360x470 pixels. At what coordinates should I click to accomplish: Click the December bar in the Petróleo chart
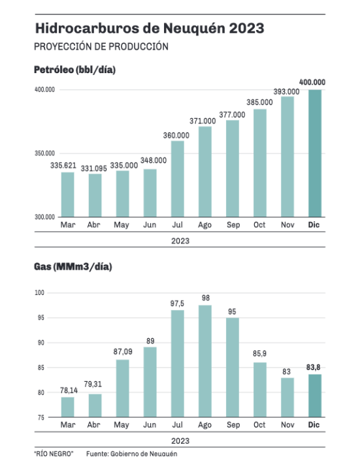pyautogui.click(x=315, y=153)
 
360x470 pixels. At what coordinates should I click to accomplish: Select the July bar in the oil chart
pyautogui.click(x=178, y=179)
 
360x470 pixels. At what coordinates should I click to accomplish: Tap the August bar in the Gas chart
pyautogui.click(x=205, y=361)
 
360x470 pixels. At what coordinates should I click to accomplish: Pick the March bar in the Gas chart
pyautogui.click(x=68, y=407)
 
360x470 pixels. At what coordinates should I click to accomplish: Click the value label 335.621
pyautogui.click(x=63, y=165)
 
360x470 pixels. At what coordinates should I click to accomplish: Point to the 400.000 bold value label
pyautogui.click(x=312, y=82)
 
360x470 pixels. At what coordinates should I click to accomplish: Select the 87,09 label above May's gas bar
pyautogui.click(x=123, y=351)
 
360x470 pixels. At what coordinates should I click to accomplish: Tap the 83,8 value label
pyautogui.click(x=313, y=367)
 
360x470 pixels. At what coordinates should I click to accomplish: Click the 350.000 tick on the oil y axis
pyautogui.click(x=44, y=153)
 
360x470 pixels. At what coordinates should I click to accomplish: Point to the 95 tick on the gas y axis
pyautogui.click(x=41, y=318)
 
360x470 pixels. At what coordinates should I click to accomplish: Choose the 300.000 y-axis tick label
pyautogui.click(x=44, y=217)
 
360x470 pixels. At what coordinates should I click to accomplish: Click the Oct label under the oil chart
pyautogui.click(x=259, y=225)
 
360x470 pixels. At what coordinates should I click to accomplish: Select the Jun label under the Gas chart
pyautogui.click(x=150, y=425)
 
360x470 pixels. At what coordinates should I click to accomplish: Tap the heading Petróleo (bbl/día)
pyautogui.click(x=74, y=70)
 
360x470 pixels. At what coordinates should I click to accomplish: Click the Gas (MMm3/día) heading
pyautogui.click(x=73, y=267)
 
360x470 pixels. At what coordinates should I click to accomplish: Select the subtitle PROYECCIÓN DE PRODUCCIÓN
pyautogui.click(x=101, y=47)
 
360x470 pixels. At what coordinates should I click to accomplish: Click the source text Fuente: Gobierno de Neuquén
pyautogui.click(x=132, y=454)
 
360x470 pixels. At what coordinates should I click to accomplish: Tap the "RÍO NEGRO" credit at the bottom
pyautogui.click(x=54, y=454)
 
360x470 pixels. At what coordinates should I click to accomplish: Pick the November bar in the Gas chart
pyautogui.click(x=287, y=398)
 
